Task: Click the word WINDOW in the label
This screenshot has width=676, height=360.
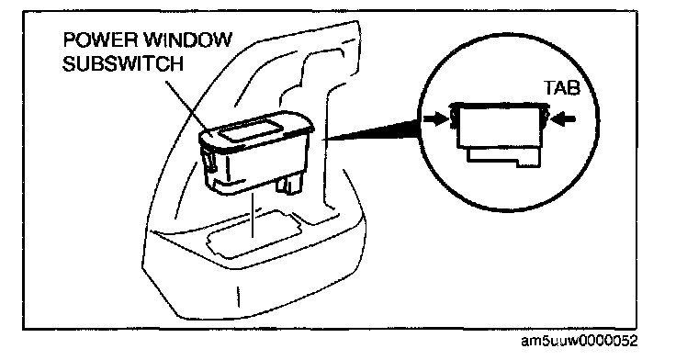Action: coord(187,40)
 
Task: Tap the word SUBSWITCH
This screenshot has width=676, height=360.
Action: coord(123,64)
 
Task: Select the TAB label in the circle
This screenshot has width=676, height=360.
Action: coord(561,88)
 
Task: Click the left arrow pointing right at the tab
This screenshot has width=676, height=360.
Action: coord(435,120)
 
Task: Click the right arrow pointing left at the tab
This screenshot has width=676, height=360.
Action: coord(564,119)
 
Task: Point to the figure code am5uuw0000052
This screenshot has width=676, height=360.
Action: coord(579,342)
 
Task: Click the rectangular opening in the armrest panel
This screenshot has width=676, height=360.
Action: coord(253,233)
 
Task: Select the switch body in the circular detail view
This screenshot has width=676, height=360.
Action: coord(500,126)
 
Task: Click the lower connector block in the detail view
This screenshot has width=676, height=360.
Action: coord(503,156)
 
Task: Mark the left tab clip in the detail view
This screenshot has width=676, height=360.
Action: coord(454,118)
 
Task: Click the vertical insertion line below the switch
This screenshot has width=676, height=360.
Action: coord(253,216)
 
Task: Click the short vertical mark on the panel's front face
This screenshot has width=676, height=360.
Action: coord(239,297)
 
